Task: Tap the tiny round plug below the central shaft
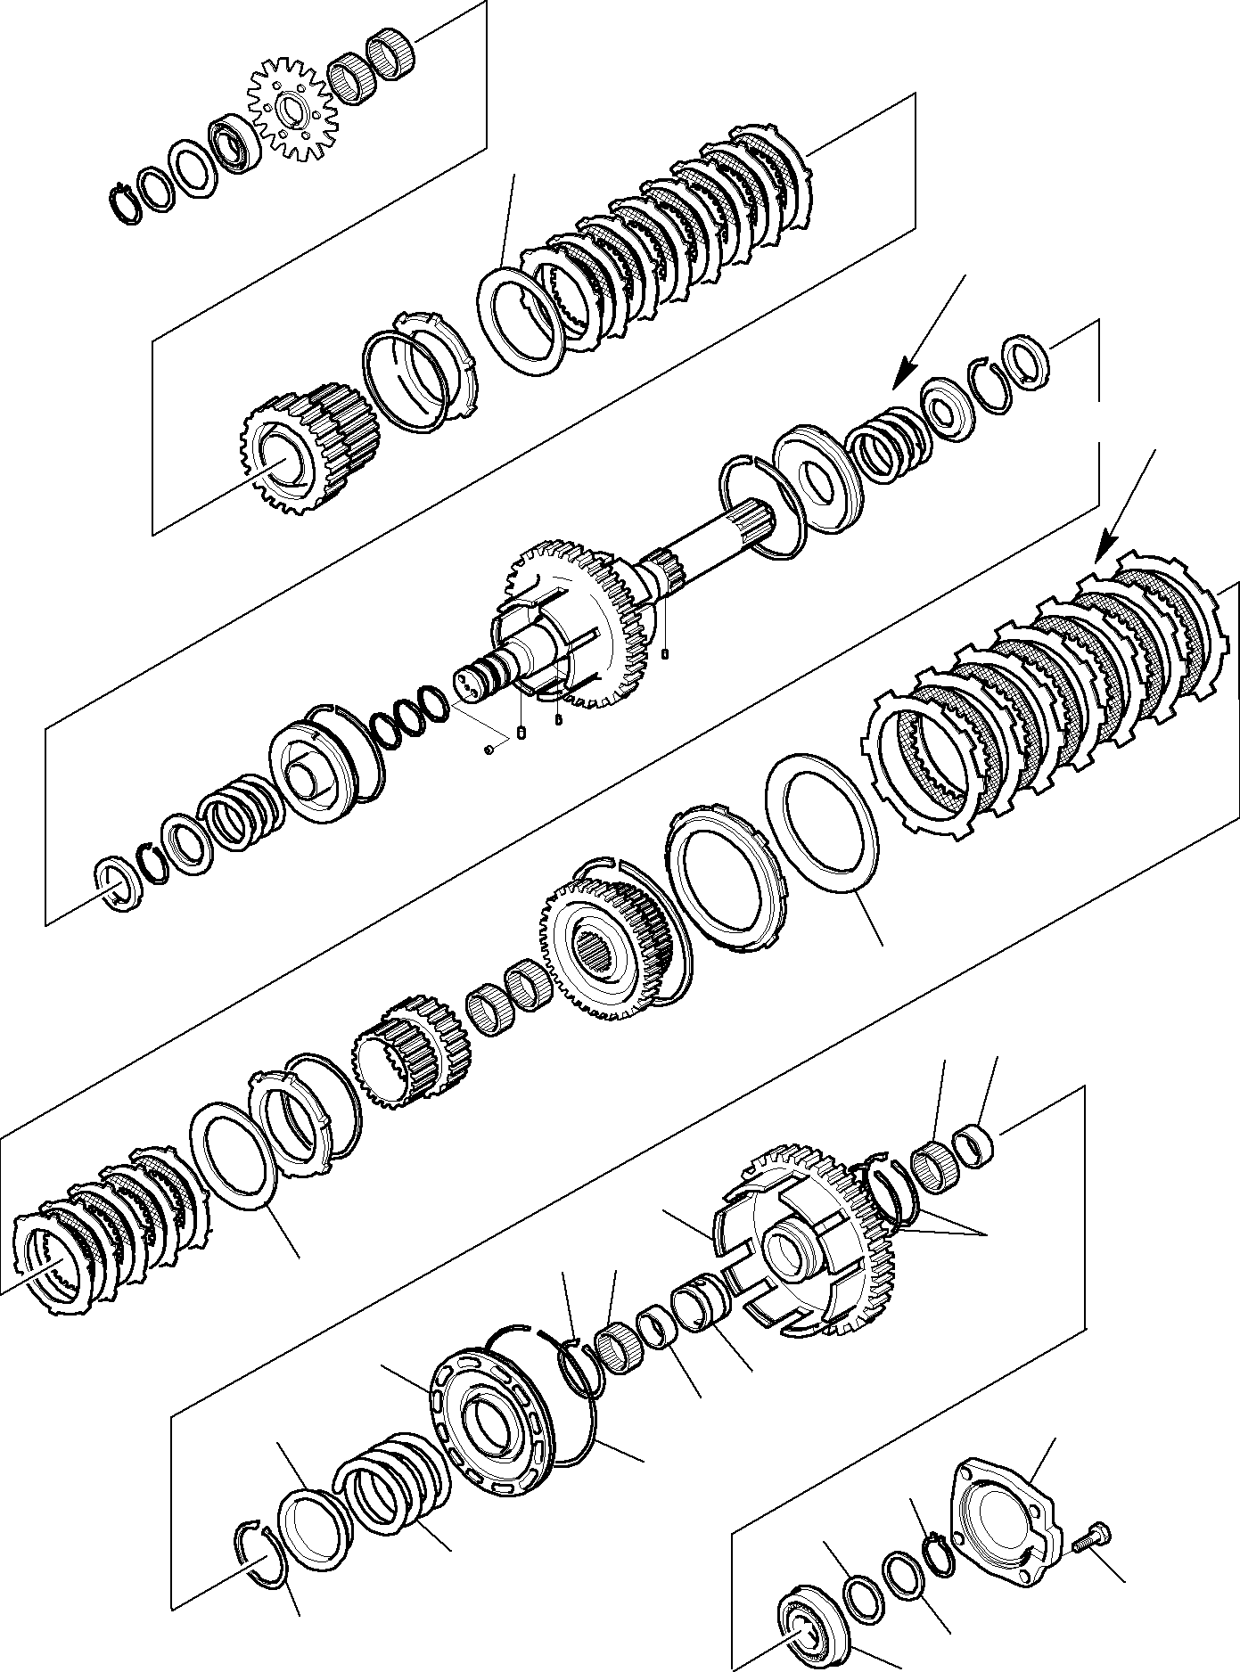pos(489,749)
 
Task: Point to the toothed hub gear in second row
pos(308,447)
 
